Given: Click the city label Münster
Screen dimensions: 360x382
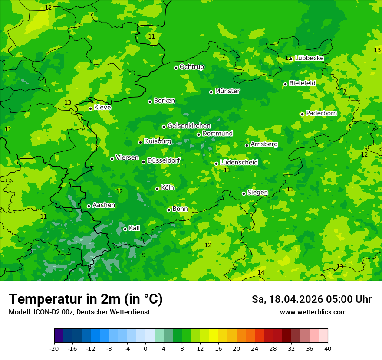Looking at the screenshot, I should [x=227, y=91].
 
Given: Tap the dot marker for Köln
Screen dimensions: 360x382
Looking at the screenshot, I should [x=157, y=189].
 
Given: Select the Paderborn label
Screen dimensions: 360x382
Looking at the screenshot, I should [x=321, y=113].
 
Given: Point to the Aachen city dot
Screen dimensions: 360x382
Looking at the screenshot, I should [x=89, y=206].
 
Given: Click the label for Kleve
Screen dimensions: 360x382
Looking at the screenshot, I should [x=102, y=108].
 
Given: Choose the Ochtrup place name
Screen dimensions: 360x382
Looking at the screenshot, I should [x=192, y=67].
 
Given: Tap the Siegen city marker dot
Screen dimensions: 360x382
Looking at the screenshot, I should [x=244, y=193].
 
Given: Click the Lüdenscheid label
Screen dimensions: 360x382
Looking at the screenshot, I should [x=239, y=163].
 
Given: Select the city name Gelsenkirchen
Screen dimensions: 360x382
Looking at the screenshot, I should [x=189, y=126].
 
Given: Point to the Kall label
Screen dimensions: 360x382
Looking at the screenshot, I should [x=135, y=228].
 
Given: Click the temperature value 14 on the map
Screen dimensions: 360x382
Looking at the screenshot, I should [x=261, y=272].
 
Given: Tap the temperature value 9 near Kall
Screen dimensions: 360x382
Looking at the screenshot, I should [x=144, y=255].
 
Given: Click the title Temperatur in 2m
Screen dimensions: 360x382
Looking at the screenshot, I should [x=86, y=299].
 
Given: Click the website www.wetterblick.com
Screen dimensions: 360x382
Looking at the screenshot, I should [x=313, y=312].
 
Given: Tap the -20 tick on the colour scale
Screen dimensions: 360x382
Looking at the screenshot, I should [x=54, y=349].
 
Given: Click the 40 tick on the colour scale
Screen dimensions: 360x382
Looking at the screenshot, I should [x=328, y=349].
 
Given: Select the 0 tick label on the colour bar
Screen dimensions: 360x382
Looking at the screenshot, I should [x=145, y=349].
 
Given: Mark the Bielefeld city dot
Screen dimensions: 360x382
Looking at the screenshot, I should [x=285, y=84].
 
